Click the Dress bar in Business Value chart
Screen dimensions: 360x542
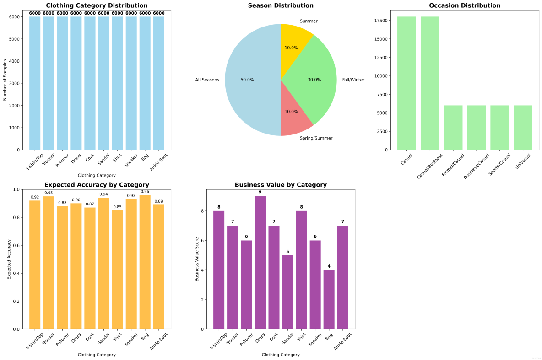coord(260,263)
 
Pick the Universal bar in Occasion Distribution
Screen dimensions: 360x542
coord(523,128)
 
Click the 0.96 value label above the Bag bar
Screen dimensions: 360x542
coord(145,192)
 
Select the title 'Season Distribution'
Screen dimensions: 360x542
coord(281,5)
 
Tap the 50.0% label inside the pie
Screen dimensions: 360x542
coord(247,80)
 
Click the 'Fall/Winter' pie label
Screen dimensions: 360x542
coord(353,80)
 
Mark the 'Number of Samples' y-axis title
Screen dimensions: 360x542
coord(5,79)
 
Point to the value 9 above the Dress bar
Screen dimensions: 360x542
coord(260,192)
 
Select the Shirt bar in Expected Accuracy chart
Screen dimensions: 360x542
coord(118,270)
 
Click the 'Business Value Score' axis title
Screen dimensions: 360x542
coord(197,259)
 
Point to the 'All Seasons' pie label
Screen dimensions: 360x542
coord(207,80)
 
